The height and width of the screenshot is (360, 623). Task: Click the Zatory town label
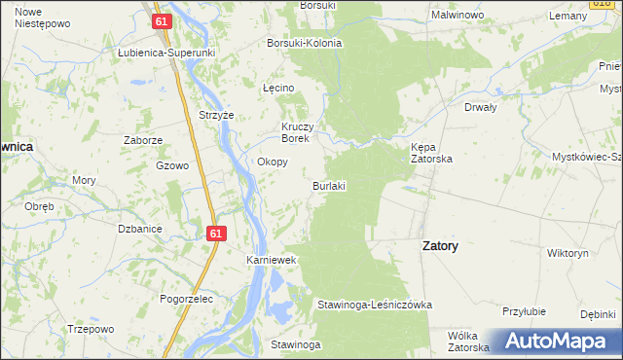click(x=440, y=246)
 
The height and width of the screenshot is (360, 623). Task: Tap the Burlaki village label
click(x=329, y=185)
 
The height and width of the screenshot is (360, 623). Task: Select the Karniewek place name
click(x=271, y=262)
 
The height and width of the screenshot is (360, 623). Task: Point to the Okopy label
click(x=272, y=162)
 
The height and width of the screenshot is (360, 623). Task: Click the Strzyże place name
click(x=217, y=115)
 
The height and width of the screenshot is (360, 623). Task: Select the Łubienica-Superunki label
click(x=165, y=52)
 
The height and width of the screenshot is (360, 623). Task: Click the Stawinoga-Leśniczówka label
click(x=374, y=305)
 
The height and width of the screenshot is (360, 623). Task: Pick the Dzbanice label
click(x=139, y=229)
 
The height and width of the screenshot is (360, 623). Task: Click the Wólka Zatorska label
click(x=467, y=341)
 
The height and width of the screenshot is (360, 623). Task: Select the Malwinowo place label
click(x=458, y=16)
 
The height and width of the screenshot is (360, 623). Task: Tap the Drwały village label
click(x=481, y=107)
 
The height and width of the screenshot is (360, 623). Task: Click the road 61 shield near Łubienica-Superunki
click(x=162, y=20)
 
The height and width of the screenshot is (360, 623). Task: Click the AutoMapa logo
click(x=554, y=341)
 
